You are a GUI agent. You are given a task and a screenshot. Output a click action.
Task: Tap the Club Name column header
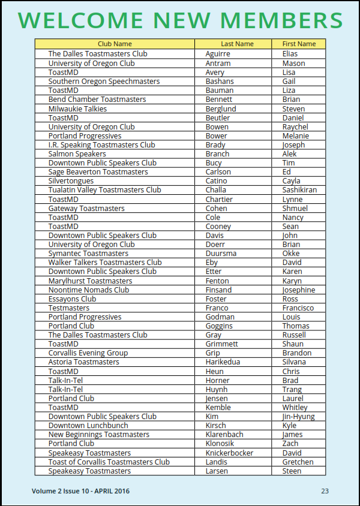(115, 44)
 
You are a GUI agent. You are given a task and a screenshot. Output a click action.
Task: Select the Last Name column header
(237, 44)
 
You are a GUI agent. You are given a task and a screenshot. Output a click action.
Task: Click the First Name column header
(299, 44)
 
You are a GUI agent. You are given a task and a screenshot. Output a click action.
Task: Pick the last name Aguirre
(218, 54)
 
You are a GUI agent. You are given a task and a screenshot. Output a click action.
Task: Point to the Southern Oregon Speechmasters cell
(104, 81)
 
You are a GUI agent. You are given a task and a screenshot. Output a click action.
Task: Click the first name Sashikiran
(299, 190)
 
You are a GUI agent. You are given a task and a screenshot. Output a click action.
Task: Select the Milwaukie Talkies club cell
(77, 109)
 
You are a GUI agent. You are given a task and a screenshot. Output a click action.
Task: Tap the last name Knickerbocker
(229, 453)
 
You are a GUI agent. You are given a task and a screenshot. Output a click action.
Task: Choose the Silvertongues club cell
(71, 181)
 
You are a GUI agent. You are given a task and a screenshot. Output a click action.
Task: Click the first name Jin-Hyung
(298, 417)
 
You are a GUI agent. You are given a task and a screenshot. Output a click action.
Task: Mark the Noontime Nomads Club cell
(89, 290)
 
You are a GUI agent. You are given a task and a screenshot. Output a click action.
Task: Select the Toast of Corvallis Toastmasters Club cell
(109, 462)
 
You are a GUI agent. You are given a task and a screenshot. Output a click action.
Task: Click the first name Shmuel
(295, 208)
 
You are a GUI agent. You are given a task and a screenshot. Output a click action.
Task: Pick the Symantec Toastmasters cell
(88, 254)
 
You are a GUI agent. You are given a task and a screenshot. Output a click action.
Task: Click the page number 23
(325, 491)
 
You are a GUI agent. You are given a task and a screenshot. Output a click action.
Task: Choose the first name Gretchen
(298, 462)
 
